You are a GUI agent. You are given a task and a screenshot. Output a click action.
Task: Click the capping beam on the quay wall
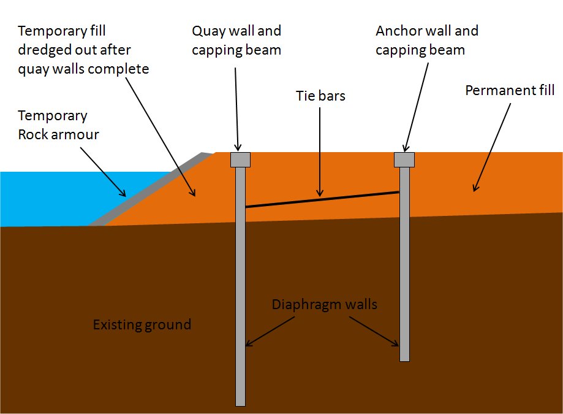click(240, 159)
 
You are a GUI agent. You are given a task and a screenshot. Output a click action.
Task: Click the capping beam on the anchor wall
click(404, 159)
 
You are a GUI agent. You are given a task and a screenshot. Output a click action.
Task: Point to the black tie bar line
click(322, 199)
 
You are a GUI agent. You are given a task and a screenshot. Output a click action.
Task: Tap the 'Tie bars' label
click(321, 96)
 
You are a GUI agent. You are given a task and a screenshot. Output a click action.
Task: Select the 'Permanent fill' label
click(510, 91)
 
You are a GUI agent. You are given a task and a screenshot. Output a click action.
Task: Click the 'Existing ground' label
click(142, 324)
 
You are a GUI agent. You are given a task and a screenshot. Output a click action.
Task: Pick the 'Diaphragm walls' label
click(325, 304)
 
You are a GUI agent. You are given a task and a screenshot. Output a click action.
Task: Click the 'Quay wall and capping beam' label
click(236, 40)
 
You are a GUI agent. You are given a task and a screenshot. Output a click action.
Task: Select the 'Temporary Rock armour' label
click(58, 125)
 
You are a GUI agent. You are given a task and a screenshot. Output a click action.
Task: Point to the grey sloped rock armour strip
click(153, 187)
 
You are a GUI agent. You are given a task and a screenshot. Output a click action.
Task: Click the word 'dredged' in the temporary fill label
click(47, 50)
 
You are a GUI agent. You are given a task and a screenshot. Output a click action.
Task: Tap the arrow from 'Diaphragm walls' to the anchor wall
click(376, 332)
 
